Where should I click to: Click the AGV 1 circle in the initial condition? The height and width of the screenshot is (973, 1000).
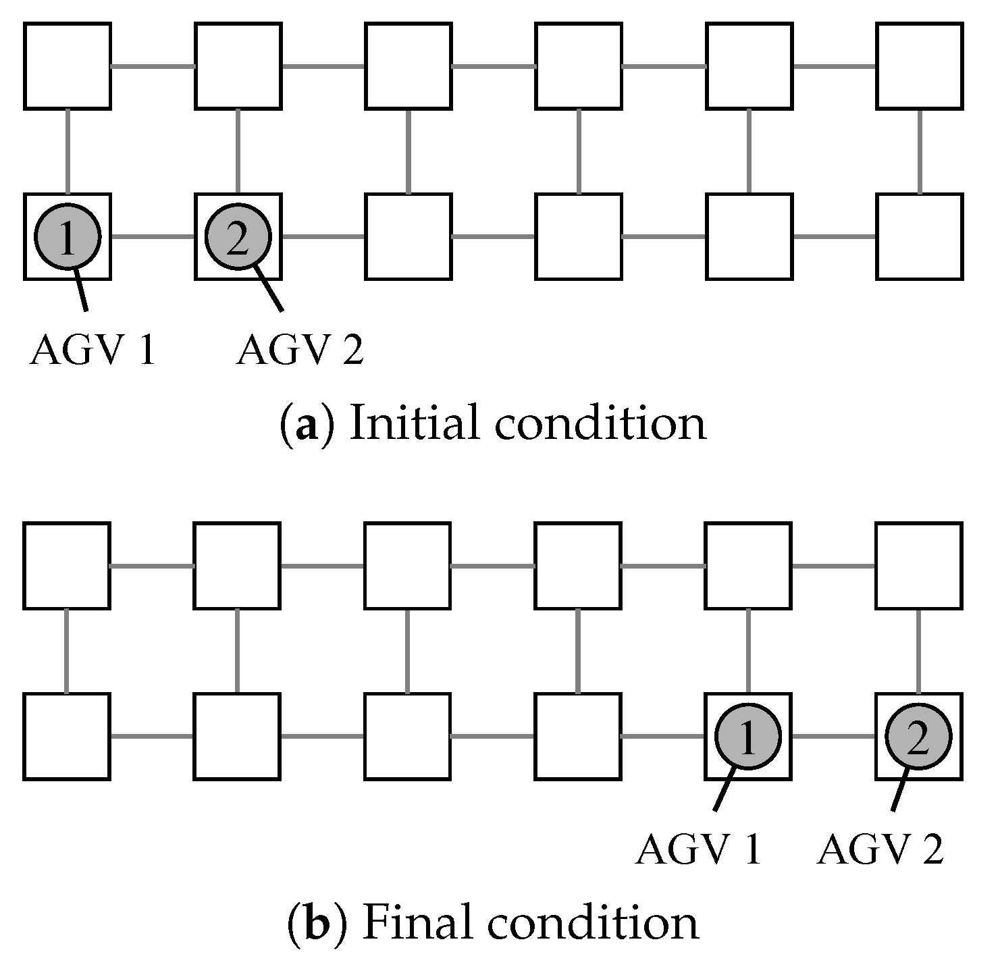click(x=68, y=236)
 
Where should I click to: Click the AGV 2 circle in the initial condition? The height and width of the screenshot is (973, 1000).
click(x=238, y=236)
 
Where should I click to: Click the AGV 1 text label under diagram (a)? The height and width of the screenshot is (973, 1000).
click(x=93, y=351)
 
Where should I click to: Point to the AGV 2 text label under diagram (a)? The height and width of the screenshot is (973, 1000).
click(x=300, y=351)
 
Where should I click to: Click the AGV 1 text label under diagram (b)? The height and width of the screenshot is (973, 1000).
click(x=698, y=849)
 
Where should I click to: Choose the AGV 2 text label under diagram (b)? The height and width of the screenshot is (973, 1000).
click(x=880, y=849)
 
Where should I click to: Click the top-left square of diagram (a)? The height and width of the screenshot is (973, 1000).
click(x=68, y=66)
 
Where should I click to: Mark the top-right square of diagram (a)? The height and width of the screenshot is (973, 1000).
click(x=919, y=66)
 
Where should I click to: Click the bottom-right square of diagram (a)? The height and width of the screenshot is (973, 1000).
click(x=919, y=236)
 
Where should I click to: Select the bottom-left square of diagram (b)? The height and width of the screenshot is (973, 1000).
click(x=67, y=736)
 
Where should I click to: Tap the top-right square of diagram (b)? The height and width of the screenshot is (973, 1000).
click(x=918, y=565)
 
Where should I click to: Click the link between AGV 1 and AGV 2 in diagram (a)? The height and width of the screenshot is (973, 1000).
click(x=153, y=237)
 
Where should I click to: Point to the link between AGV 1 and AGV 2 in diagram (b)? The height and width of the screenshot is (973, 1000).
click(x=833, y=736)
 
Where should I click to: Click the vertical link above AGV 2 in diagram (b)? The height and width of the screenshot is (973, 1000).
click(x=918, y=650)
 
